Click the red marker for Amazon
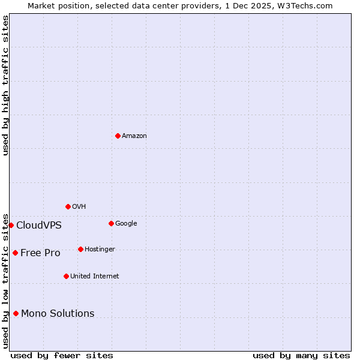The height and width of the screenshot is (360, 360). point(118,136)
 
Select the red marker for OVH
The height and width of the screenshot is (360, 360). point(68,206)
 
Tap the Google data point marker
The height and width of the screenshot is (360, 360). point(111,223)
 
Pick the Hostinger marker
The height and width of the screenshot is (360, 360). point(80,249)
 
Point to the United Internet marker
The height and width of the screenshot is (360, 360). point(66,276)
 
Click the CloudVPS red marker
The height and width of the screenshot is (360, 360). point(11,225)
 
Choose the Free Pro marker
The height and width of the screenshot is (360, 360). point(15,253)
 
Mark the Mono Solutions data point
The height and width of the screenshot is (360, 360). point(16,313)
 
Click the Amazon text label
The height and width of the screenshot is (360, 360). point(134,136)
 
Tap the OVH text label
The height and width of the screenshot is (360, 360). point(79,207)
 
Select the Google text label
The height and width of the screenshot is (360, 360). point(126,224)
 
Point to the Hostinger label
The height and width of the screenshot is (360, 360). point(100,250)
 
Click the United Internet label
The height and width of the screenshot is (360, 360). point(95,277)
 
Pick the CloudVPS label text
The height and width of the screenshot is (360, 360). point(39,226)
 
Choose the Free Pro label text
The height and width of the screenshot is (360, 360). point(40,253)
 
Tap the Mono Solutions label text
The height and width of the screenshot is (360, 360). point(58,314)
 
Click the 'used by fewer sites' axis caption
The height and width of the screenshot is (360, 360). point(62,356)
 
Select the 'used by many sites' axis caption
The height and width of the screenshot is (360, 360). point(301,356)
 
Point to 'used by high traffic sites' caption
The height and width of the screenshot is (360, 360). point(5,85)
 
